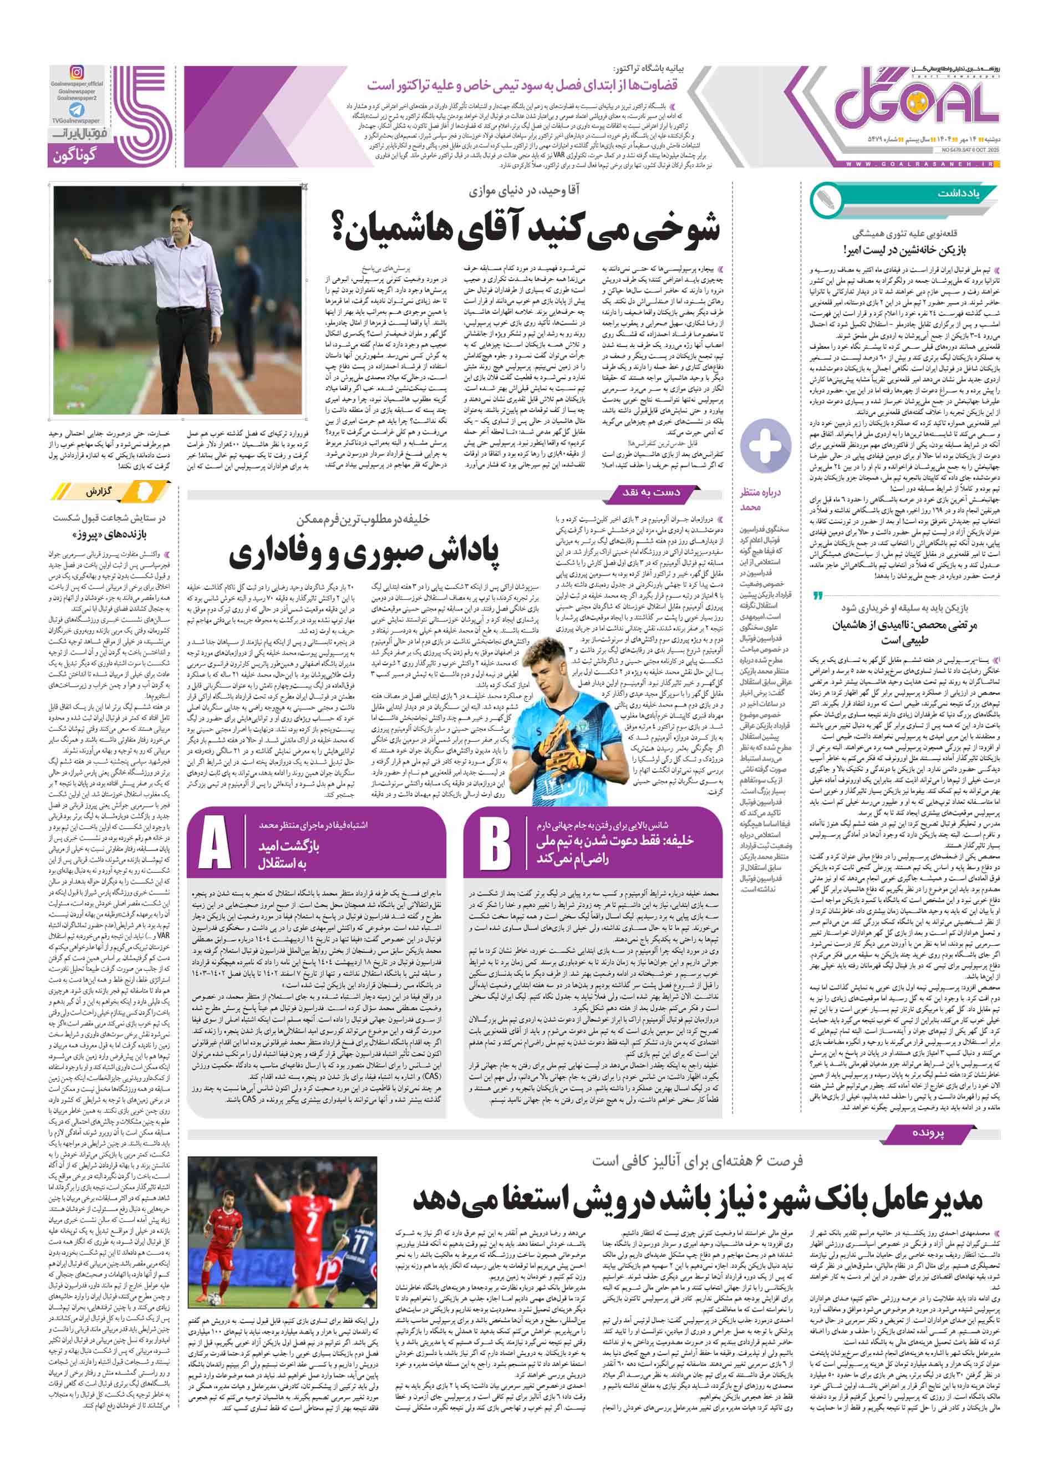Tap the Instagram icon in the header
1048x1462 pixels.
click(77, 72)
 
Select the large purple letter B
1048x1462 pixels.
click(495, 844)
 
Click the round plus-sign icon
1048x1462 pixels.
click(765, 444)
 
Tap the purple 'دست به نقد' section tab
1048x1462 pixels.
click(651, 492)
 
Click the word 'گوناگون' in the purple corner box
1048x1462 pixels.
click(75, 155)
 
